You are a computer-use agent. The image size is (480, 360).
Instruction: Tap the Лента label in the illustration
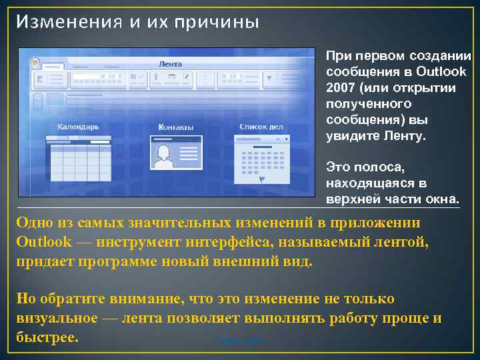pos(170,65)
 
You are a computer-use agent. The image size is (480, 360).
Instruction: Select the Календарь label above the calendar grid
pos(78,126)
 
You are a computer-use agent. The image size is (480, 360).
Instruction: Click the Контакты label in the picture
pos(176,127)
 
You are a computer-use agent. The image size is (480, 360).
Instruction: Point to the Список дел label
pos(261,126)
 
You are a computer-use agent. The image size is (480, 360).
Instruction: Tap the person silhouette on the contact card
pos(163,156)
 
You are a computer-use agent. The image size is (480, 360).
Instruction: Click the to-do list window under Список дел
pos(262,160)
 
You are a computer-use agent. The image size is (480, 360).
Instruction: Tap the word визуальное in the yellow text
pos(55,317)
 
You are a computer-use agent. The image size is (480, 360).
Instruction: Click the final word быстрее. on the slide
pos(47,337)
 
